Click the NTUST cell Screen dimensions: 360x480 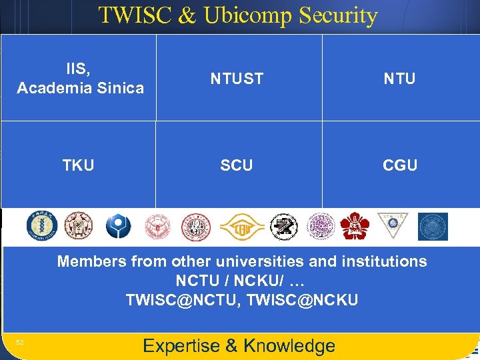[x=237, y=79]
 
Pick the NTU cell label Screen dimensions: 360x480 [x=399, y=79]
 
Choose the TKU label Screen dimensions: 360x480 [x=79, y=165]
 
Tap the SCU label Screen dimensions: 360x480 [x=237, y=165]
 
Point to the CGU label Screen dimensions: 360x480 [x=400, y=165]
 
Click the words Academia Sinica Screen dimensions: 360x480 [x=80, y=88]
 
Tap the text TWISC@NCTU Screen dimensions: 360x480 [x=183, y=301]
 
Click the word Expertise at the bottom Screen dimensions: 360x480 [x=181, y=345]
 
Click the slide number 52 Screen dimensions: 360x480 [x=20, y=342]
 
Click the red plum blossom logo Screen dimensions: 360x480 [x=354, y=227]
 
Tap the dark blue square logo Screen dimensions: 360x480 [x=433, y=227]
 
